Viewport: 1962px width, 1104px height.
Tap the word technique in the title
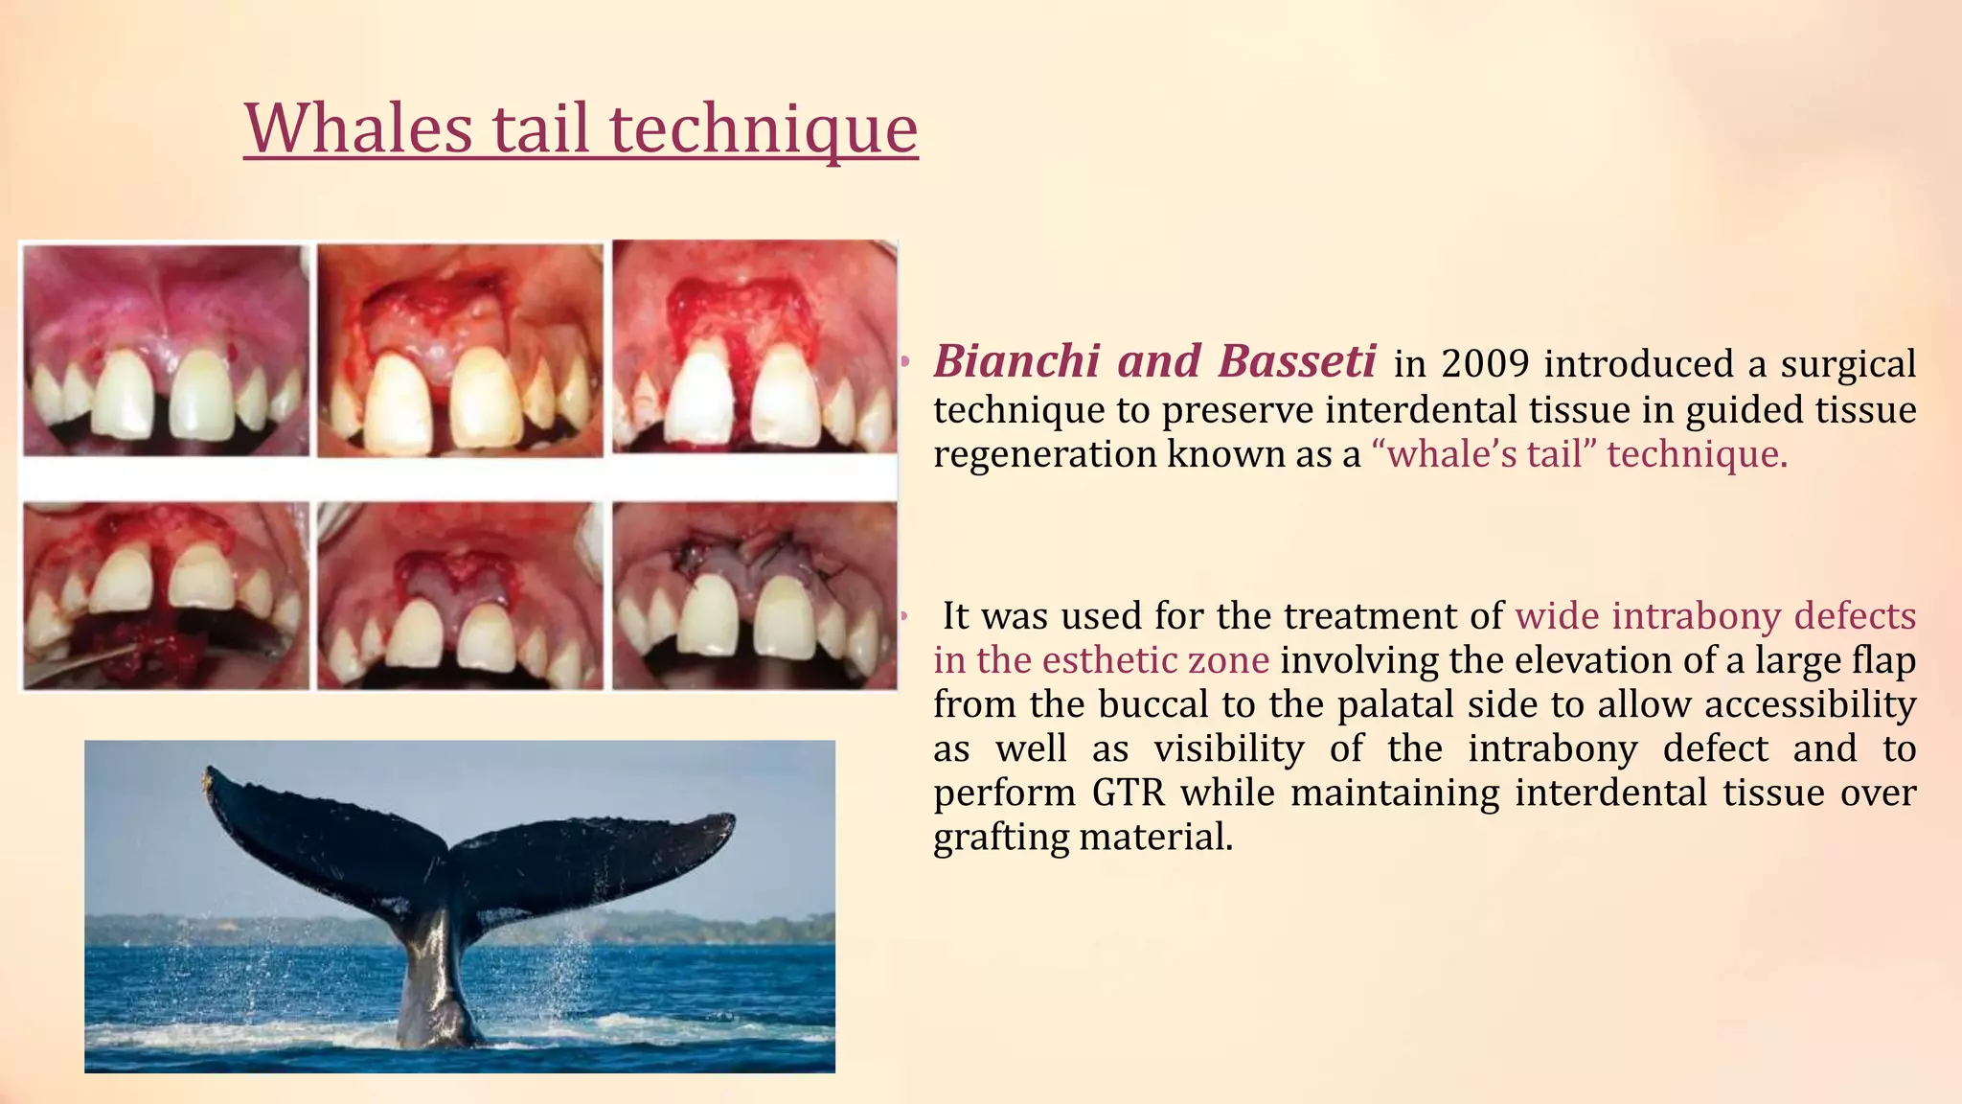[x=764, y=129]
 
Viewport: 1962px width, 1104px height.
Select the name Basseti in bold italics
[x=1297, y=362]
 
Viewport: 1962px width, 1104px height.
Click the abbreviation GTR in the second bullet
[x=1127, y=793]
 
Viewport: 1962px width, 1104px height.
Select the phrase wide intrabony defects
[x=1715, y=616]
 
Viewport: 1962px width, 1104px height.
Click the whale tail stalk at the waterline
[x=433, y=1016]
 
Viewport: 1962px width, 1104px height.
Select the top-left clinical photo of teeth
[x=166, y=349]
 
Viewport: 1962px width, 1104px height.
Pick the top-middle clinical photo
[x=461, y=349]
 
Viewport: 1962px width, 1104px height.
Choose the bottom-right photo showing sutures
[x=755, y=595]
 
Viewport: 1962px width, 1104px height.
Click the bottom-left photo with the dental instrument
[x=166, y=595]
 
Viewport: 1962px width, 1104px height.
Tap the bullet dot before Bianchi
[x=903, y=363]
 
